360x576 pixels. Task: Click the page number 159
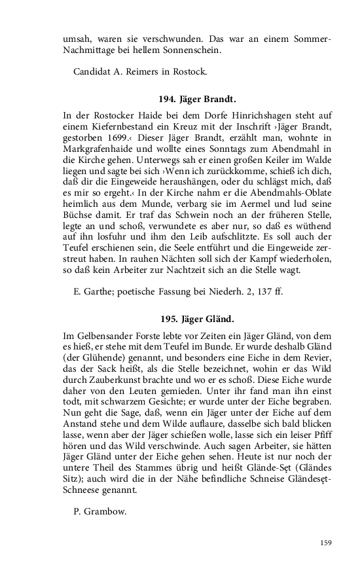click(325, 542)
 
